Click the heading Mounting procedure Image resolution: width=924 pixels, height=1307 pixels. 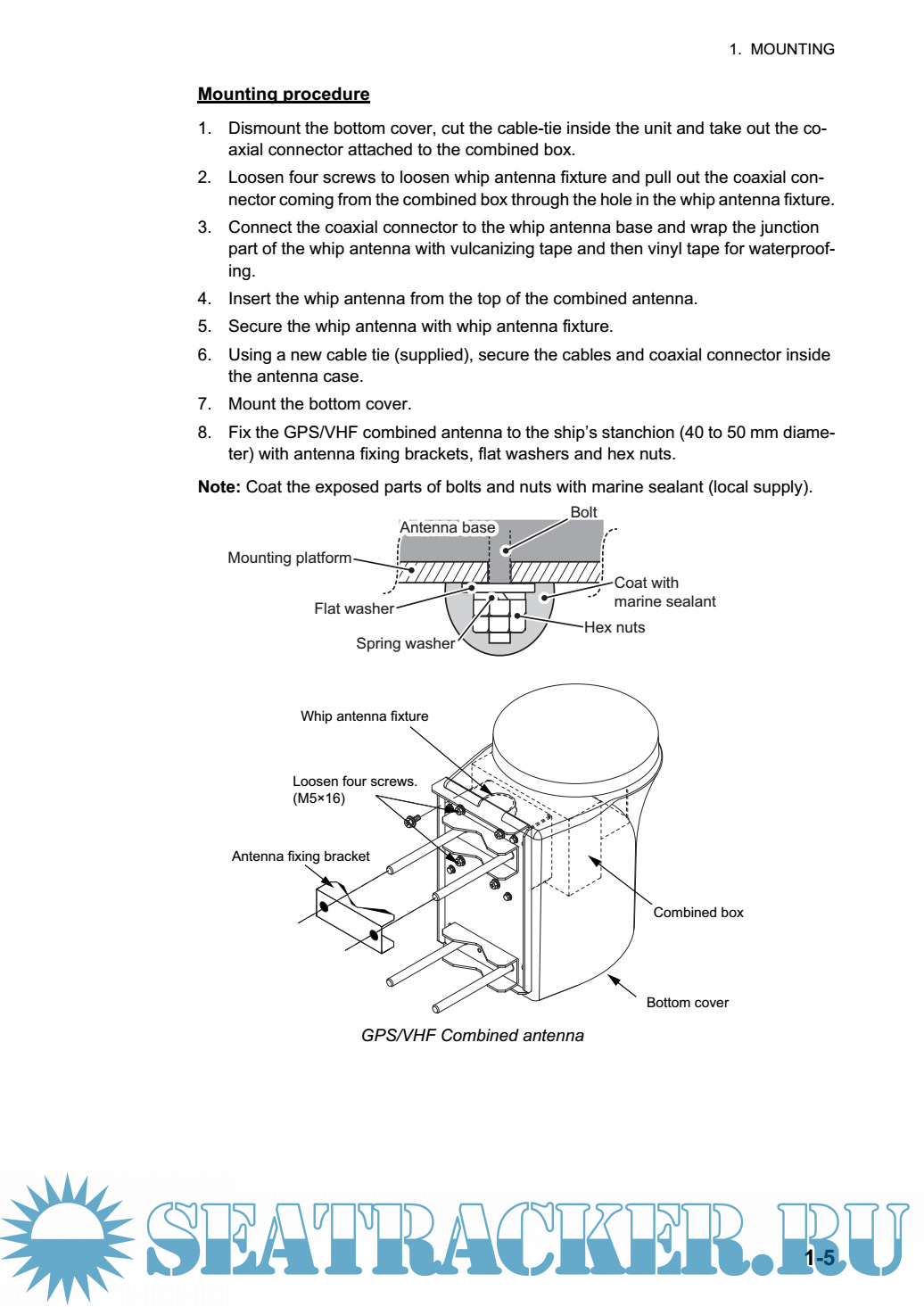[x=284, y=95]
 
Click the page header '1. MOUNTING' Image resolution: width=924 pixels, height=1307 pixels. [x=781, y=49]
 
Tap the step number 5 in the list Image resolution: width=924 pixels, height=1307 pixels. [x=204, y=327]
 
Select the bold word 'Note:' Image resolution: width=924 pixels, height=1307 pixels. [x=219, y=487]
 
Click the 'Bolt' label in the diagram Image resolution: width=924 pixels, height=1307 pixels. [x=583, y=512]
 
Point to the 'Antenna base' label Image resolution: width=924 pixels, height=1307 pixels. [x=447, y=528]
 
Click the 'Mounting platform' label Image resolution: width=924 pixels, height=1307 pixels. [x=289, y=558]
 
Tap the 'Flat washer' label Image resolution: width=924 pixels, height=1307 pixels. [x=353, y=609]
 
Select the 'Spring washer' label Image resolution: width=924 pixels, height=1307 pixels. [x=405, y=644]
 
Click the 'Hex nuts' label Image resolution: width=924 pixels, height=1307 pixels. [x=615, y=628]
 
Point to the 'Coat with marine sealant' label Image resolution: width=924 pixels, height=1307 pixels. [x=664, y=592]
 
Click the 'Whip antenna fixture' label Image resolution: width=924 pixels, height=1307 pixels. [x=364, y=716]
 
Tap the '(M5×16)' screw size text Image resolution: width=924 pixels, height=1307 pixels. [x=318, y=798]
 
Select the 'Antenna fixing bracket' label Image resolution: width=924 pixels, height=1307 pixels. [x=301, y=856]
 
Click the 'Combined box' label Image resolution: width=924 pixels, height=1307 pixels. [x=698, y=913]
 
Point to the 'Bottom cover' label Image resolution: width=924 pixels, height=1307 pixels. [x=687, y=1003]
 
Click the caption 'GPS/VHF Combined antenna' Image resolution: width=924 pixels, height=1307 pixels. [x=473, y=1036]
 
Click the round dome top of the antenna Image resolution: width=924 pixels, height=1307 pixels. [x=575, y=735]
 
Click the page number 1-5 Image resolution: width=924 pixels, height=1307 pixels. [x=821, y=1259]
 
